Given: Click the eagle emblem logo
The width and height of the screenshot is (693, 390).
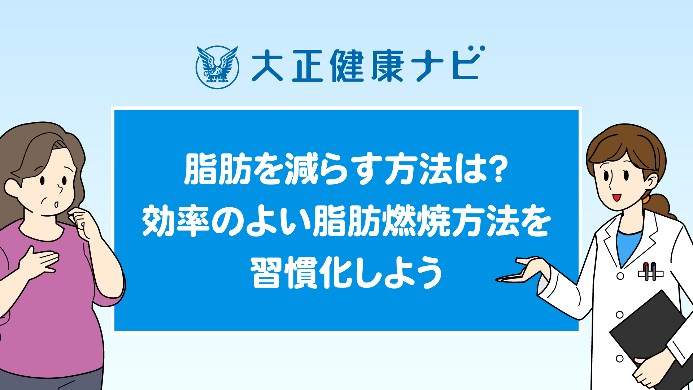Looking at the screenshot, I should [x=217, y=67].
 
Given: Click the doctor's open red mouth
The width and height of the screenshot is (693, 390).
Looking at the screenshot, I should [x=616, y=198].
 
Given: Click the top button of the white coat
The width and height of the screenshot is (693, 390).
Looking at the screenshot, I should [x=620, y=276].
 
